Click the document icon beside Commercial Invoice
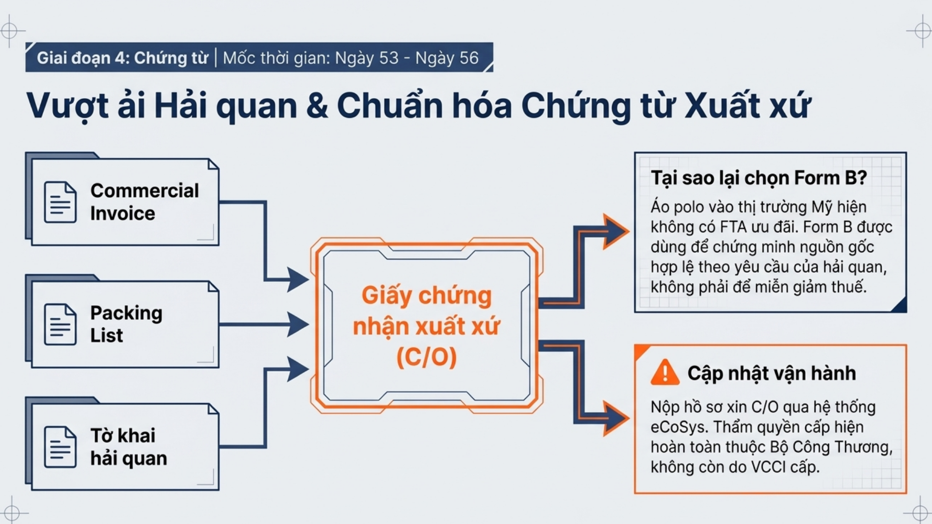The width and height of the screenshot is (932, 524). click(x=60, y=202)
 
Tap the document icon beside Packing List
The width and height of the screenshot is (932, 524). click(x=60, y=324)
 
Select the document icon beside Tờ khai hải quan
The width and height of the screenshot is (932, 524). click(x=60, y=447)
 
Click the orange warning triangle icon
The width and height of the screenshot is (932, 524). click(x=665, y=373)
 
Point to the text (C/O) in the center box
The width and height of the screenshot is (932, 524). click(x=427, y=357)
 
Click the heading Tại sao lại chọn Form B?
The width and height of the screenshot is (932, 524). click(x=759, y=178)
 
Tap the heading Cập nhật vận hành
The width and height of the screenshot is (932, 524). click(x=771, y=373)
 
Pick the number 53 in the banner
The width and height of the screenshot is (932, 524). click(x=388, y=58)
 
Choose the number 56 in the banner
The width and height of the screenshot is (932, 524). click(x=469, y=58)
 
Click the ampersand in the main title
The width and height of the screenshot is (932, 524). click(x=317, y=106)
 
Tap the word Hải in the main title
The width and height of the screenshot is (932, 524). click(x=181, y=105)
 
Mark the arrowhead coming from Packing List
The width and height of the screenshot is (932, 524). click(x=298, y=324)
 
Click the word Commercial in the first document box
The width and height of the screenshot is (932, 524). click(x=145, y=191)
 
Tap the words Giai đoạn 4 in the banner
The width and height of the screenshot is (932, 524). click(x=82, y=58)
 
